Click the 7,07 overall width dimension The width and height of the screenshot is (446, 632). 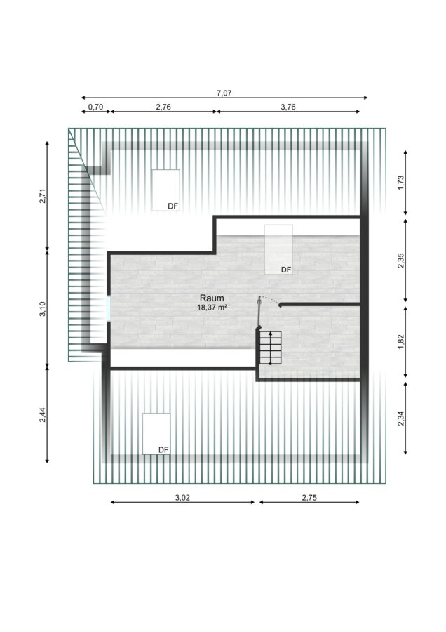click(224, 93)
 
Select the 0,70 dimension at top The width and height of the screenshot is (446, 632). click(96, 107)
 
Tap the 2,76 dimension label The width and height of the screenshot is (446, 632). click(163, 107)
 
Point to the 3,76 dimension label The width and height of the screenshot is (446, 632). click(288, 107)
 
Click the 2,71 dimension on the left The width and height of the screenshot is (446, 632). click(43, 196)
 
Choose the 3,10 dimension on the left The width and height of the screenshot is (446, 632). click(43, 309)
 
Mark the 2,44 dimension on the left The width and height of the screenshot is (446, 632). click(43, 415)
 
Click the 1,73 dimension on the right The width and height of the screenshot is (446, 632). click(400, 183)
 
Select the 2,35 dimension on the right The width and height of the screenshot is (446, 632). click(400, 261)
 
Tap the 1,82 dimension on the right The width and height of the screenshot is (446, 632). click(400, 342)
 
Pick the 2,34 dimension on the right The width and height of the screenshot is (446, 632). click(400, 419)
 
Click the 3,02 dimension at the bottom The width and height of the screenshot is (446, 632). click(182, 498)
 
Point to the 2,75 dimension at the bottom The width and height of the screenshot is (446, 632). click(309, 498)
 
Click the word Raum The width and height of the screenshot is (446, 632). click(212, 298)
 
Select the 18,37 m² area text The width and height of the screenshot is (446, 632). click(212, 307)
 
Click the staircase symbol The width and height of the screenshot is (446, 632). click(270, 348)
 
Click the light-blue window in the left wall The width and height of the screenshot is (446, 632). click(109, 309)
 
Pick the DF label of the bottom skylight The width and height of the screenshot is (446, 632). click(163, 450)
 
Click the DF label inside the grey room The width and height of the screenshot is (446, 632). click(286, 270)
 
